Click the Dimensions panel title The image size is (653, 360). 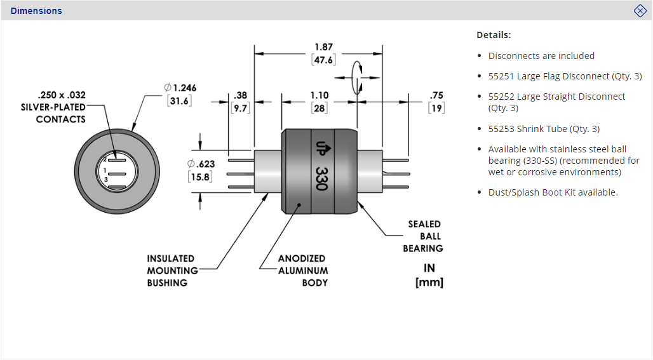36,11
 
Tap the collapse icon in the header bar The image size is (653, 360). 640,11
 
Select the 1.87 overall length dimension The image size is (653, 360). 323,47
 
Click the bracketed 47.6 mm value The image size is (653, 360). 323,60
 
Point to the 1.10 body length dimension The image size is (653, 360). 319,95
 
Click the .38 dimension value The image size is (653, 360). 241,95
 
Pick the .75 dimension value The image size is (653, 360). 436,95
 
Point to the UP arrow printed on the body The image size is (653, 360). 321,147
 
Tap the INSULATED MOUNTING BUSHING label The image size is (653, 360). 170,270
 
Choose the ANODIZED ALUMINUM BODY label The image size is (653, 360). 303,270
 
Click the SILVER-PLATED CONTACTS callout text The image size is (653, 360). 53,107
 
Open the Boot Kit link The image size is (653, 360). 558,192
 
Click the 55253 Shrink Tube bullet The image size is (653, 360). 544,129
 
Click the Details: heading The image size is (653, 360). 494,35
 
